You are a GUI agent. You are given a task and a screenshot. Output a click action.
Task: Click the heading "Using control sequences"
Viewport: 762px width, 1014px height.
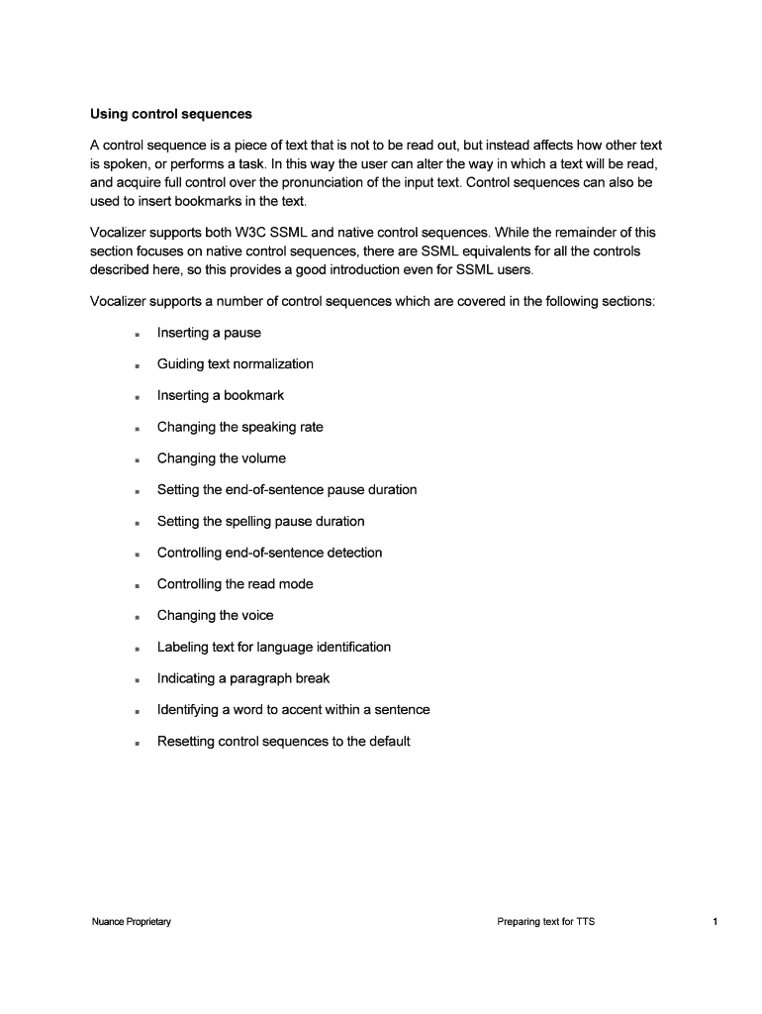point(170,114)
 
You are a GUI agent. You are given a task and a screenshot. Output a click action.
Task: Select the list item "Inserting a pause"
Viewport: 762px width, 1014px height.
point(209,333)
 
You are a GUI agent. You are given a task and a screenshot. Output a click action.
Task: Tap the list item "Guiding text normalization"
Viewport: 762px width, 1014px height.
point(236,364)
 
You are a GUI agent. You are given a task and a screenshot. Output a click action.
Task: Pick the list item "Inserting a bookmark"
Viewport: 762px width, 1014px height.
point(221,395)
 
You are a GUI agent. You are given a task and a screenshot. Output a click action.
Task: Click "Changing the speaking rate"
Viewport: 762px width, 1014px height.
point(240,427)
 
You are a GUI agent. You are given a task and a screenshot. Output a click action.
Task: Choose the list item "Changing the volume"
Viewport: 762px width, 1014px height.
point(222,458)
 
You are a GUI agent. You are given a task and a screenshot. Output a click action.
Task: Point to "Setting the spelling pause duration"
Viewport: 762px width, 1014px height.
point(261,521)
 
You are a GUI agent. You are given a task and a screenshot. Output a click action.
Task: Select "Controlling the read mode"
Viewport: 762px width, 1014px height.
point(236,584)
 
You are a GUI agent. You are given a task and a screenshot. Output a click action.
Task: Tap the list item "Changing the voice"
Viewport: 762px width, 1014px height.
point(216,615)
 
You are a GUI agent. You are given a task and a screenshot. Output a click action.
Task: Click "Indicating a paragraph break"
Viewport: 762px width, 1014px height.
point(243,678)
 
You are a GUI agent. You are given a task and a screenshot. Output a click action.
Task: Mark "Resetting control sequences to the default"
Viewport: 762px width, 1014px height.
point(284,741)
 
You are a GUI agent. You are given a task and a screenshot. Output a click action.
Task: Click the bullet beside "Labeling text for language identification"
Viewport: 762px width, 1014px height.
point(138,649)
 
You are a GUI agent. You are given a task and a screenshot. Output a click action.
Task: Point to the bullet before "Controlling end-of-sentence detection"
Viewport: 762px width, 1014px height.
point(138,555)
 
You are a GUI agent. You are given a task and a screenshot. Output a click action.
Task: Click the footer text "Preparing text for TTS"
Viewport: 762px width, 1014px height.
point(546,922)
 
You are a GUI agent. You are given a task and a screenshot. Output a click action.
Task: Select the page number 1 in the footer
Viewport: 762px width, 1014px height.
point(714,922)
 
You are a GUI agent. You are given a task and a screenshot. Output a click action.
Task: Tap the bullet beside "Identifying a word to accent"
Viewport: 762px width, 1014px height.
point(138,711)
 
